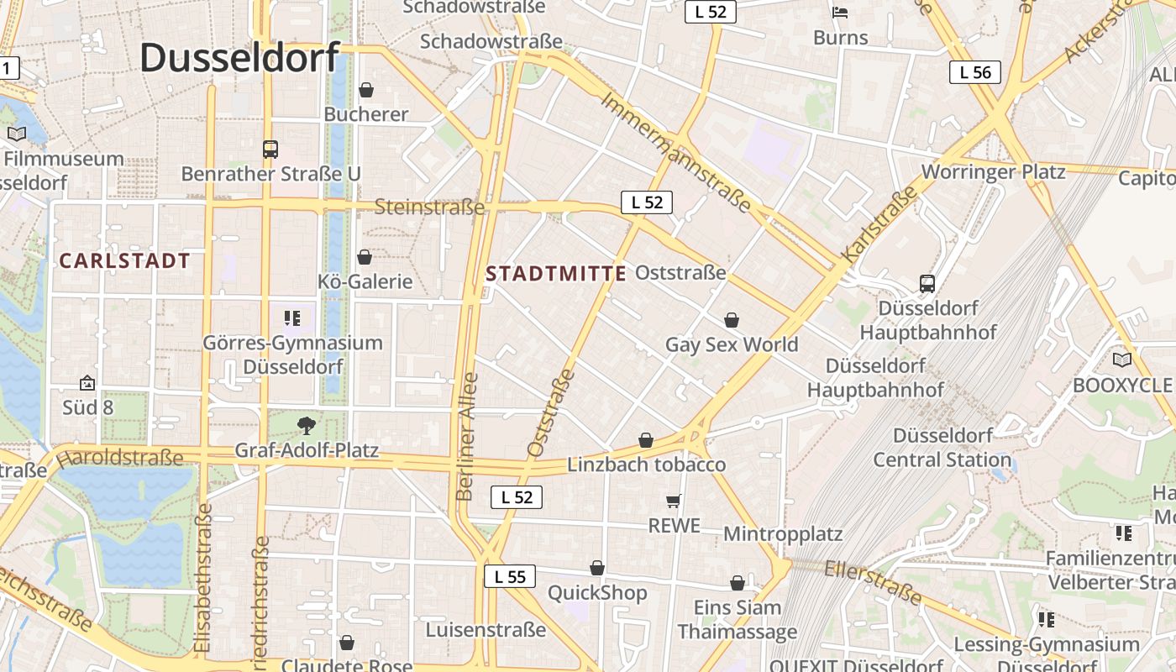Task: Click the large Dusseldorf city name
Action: [x=239, y=57]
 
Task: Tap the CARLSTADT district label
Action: [x=125, y=260]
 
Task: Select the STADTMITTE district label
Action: [x=556, y=273]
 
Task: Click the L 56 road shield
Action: [x=975, y=72]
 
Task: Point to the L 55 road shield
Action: [x=510, y=576]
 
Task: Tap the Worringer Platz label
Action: [x=993, y=172]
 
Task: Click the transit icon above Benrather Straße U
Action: [x=270, y=150]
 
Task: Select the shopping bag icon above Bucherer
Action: [x=366, y=89]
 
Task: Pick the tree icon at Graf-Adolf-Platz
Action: [x=307, y=426]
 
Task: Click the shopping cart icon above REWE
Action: [x=673, y=501]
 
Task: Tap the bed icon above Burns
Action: [x=840, y=13]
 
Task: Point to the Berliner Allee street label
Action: [x=467, y=437]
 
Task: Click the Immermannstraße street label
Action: [x=675, y=152]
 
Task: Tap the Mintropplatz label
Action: [x=782, y=534]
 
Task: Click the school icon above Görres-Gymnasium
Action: [x=292, y=318]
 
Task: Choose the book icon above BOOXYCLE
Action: [x=1121, y=360]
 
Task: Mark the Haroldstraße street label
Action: [x=119, y=458]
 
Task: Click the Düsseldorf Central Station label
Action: [x=942, y=448]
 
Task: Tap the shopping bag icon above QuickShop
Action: [x=597, y=569]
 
